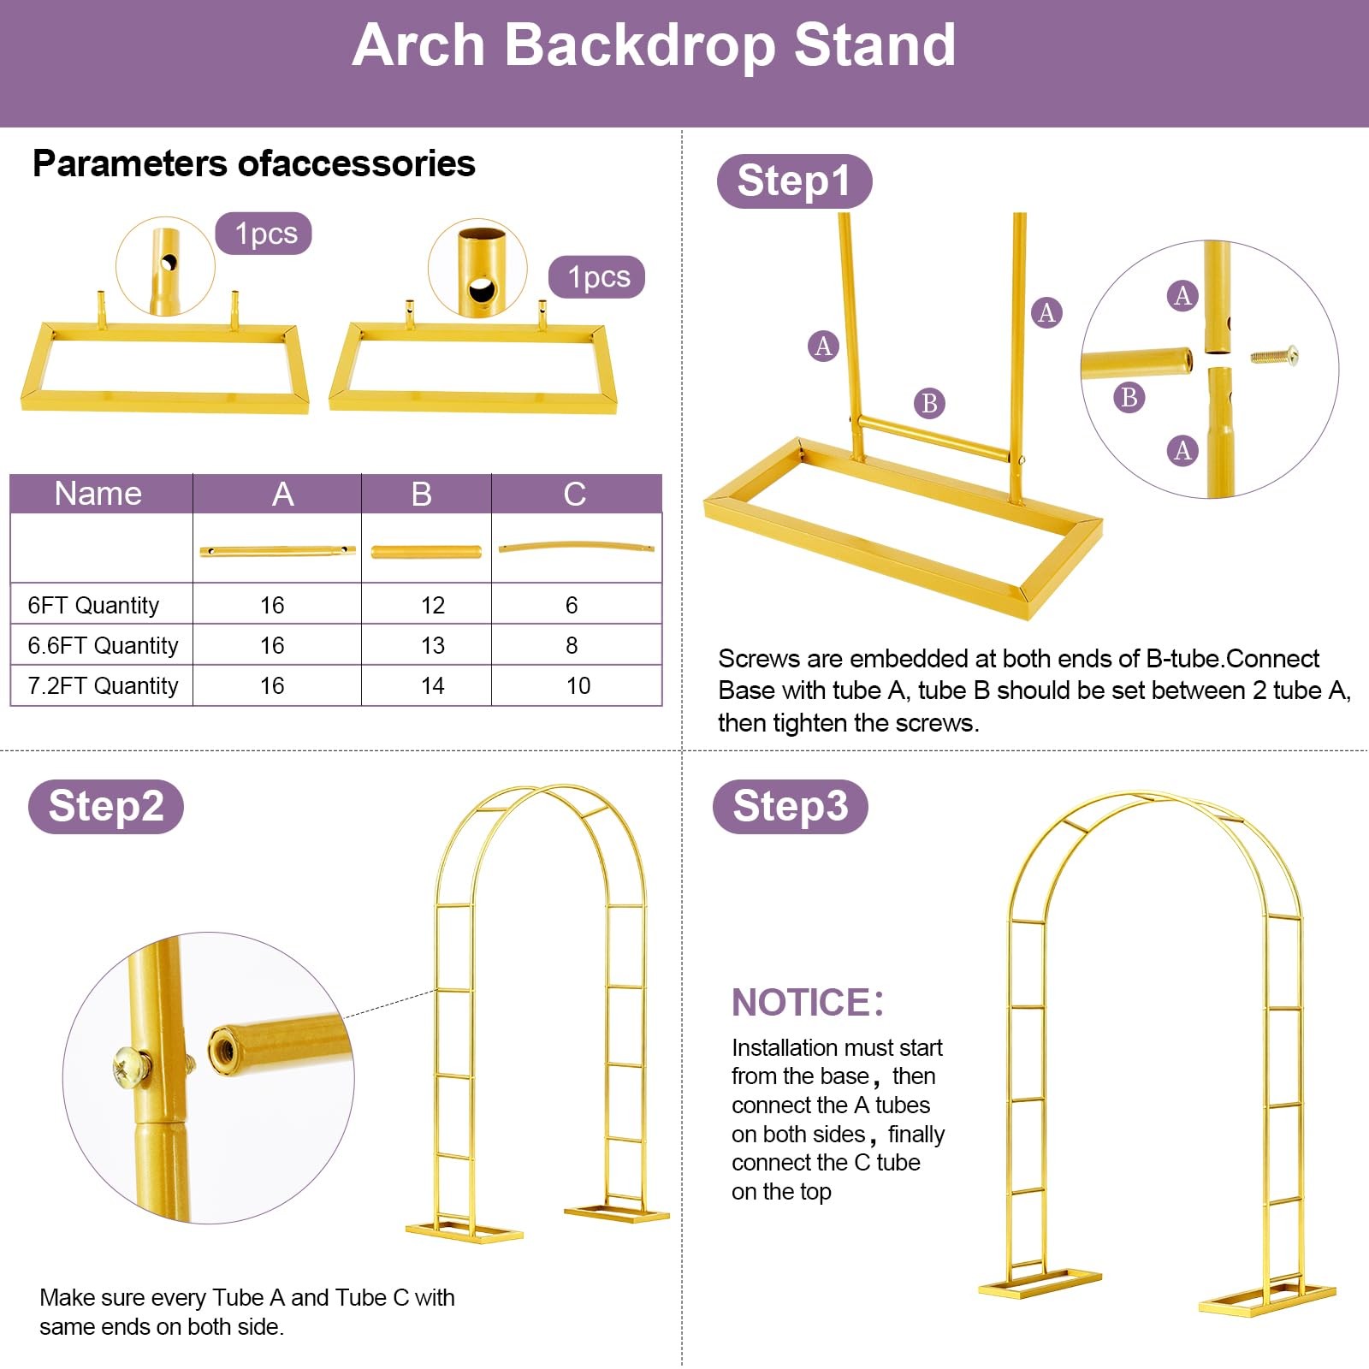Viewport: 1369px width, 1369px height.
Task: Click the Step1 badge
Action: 794,181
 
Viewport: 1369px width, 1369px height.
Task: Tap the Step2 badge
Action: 106,806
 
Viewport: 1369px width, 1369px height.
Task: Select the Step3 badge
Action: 791,806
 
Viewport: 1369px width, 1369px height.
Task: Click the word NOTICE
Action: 801,1002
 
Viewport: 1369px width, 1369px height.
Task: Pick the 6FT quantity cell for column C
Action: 572,605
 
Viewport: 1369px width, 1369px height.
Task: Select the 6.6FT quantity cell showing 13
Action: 432,645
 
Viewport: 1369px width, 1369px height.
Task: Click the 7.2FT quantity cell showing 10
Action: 578,685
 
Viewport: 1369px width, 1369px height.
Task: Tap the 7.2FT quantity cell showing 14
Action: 432,685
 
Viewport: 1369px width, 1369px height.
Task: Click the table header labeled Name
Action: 98,494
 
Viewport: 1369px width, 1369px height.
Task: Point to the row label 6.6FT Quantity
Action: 103,645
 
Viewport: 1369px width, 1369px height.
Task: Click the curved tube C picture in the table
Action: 576,545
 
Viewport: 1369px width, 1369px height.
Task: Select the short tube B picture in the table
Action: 426,551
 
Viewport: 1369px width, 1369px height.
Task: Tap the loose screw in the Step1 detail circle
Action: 1275,355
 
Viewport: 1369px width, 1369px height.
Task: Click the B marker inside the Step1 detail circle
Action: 1129,397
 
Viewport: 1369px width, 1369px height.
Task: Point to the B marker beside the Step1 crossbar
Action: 930,403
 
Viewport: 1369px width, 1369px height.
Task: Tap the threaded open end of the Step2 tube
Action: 225,1049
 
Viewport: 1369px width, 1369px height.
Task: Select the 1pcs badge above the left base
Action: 264,234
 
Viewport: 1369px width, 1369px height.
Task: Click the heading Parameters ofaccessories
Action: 254,163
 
